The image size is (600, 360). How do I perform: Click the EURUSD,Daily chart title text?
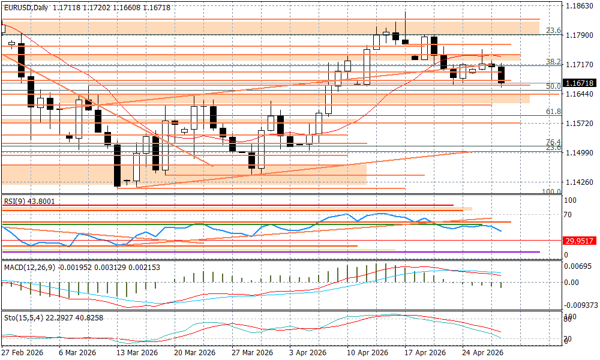coord(26,7)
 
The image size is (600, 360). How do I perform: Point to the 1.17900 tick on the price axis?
coord(580,35)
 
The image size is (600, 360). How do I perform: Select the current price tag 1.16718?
coord(580,83)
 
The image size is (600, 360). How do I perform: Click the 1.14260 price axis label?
coord(580,182)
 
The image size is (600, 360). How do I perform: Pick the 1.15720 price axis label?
coord(580,123)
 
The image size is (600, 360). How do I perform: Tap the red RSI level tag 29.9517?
coord(580,241)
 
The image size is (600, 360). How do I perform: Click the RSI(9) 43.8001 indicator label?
coord(29,202)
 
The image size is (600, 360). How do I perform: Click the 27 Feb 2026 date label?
coord(22,353)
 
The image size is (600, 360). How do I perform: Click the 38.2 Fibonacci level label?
coord(553,62)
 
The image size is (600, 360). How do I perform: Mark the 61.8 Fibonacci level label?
coord(553,112)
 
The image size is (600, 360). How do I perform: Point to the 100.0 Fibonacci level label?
coord(551,191)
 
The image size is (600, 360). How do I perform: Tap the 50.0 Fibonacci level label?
coord(553,86)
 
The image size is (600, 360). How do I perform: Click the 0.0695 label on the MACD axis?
coord(580,266)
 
